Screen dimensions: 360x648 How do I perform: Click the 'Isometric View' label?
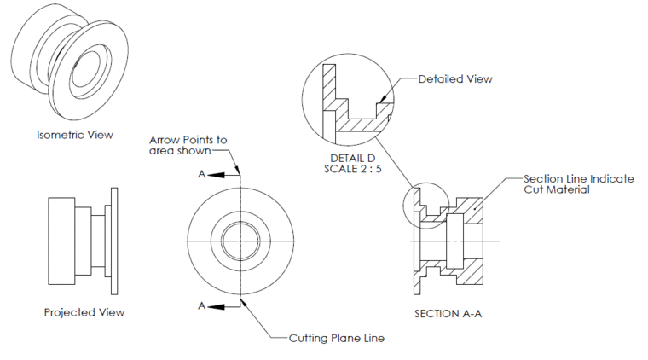[x=75, y=135]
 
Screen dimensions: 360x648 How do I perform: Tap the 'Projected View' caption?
[x=84, y=312]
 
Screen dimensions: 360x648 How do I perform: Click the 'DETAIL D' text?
[x=351, y=159]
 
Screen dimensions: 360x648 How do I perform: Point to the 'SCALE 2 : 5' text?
[x=351, y=170]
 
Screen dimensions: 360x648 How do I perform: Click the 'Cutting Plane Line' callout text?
[x=333, y=338]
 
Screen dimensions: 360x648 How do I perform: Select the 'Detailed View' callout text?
[x=455, y=79]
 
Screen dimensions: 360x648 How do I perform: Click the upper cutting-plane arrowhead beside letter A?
[x=218, y=174]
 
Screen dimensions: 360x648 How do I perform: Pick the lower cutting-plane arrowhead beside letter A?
[x=218, y=305]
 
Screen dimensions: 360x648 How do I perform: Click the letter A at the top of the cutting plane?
[x=201, y=174]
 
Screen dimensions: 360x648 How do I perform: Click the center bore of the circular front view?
[x=240, y=241]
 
